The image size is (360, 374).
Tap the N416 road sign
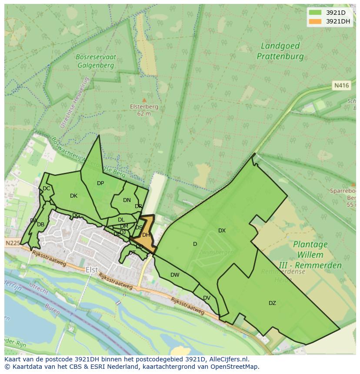click(341, 86)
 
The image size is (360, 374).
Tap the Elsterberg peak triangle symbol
click(144, 100)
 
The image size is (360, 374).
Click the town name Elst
click(92, 270)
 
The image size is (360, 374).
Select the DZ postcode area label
click(272, 303)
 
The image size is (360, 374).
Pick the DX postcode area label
click(222, 231)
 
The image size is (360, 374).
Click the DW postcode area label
click(175, 275)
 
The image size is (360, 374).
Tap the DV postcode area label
click(207, 298)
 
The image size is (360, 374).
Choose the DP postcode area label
click(100, 183)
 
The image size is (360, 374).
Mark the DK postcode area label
click(73, 196)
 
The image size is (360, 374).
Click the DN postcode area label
click(127, 200)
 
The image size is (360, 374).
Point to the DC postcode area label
click(46, 189)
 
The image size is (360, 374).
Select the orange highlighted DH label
click(146, 235)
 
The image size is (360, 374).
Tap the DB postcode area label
click(40, 225)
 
